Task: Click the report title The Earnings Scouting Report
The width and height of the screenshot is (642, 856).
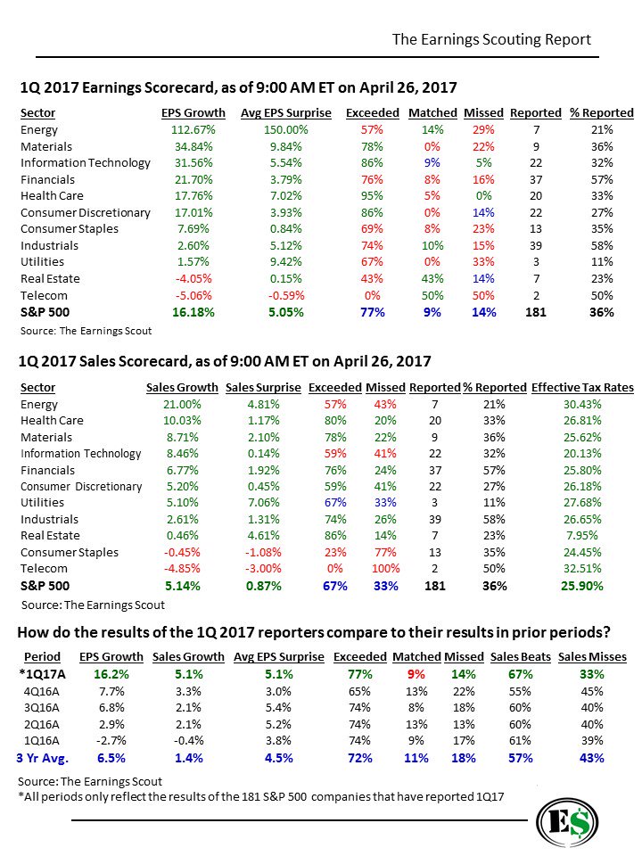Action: click(x=491, y=40)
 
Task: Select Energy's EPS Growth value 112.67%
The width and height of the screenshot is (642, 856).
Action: click(x=183, y=130)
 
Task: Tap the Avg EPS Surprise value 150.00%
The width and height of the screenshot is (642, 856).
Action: click(x=285, y=130)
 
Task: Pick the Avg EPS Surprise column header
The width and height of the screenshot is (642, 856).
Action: click(x=285, y=113)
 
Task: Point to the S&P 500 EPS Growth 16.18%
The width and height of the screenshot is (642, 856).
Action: click(x=183, y=312)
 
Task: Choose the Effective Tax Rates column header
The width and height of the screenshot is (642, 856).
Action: click(x=582, y=388)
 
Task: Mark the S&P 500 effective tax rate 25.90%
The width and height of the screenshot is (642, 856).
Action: click(x=582, y=586)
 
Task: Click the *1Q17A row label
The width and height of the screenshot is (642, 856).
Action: click(x=40, y=675)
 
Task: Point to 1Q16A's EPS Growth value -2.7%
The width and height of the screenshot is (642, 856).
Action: click(x=107, y=741)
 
